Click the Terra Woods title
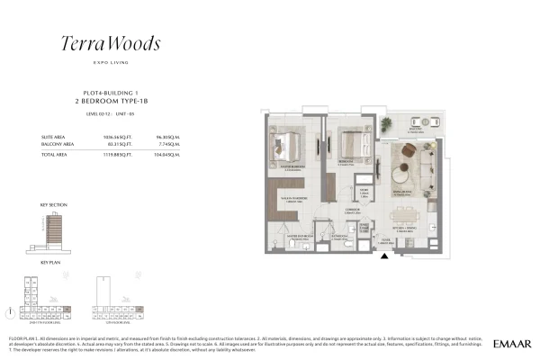(111, 42)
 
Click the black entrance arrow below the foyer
(386, 258)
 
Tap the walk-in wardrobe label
(296, 200)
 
